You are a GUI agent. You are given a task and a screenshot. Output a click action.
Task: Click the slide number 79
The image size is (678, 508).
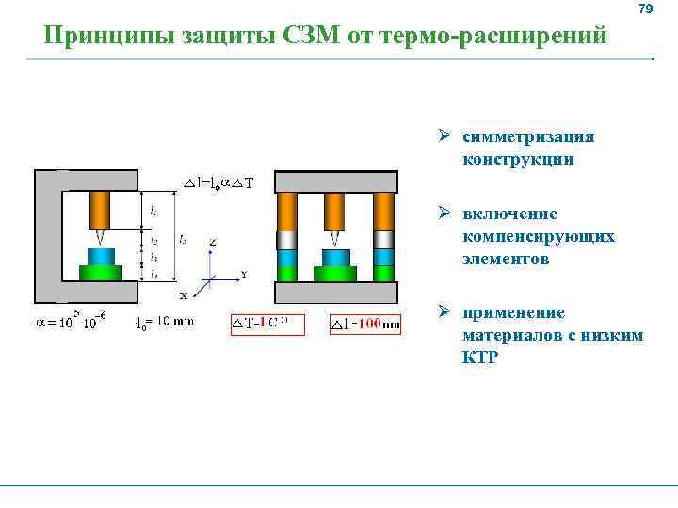645,9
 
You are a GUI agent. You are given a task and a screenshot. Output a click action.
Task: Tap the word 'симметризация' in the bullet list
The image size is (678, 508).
528,136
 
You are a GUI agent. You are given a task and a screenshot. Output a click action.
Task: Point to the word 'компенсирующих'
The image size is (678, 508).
539,236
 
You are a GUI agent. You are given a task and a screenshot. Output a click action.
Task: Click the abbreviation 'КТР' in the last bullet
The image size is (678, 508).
480,358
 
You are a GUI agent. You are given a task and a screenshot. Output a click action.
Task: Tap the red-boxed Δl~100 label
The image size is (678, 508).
367,325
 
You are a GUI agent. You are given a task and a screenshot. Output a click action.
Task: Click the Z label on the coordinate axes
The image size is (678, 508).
213,242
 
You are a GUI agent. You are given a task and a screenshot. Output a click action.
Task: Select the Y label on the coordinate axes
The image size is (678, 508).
244,275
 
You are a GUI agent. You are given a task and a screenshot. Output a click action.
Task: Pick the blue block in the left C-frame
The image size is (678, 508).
101,256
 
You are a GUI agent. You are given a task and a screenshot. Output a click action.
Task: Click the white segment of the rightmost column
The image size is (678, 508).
383,239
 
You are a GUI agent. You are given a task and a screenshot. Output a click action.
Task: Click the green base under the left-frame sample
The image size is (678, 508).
101,273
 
